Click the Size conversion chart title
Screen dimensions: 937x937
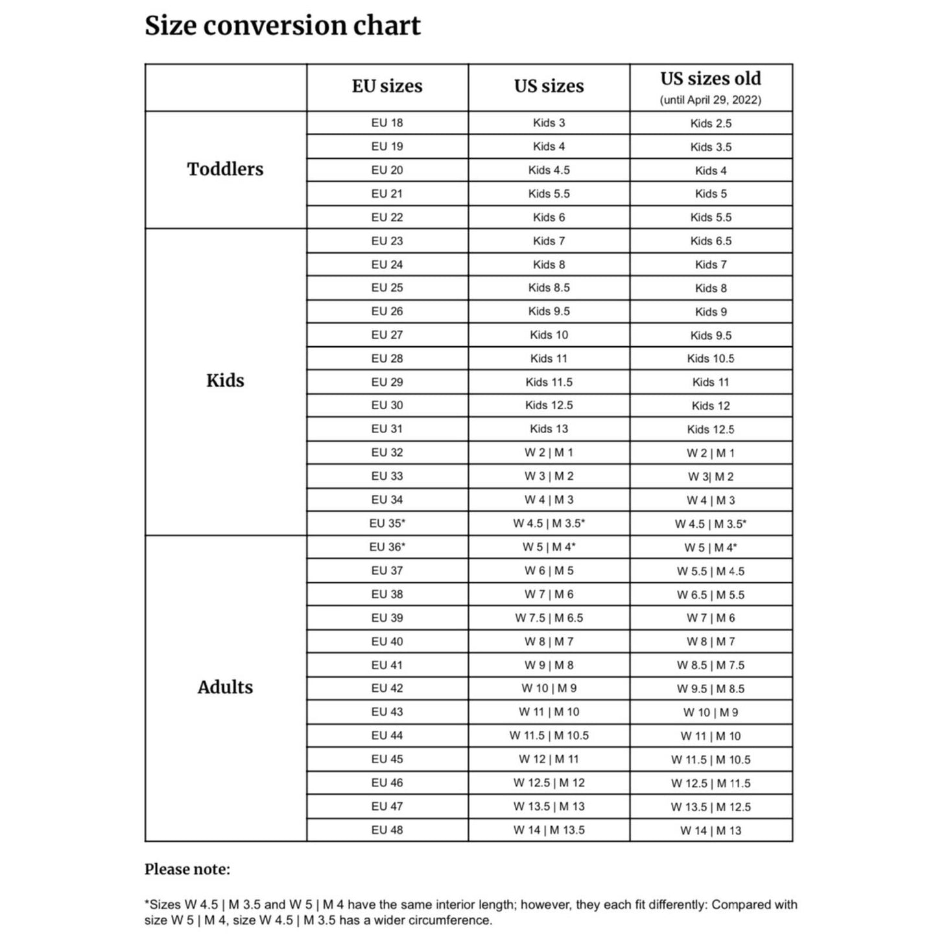click(282, 26)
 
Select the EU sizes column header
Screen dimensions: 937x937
click(387, 86)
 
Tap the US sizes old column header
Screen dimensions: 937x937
click(711, 79)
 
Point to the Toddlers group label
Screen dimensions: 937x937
click(225, 169)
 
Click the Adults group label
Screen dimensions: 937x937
click(225, 687)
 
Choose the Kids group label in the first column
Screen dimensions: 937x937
click(225, 381)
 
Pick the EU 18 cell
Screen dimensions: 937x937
click(387, 123)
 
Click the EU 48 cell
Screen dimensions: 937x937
click(387, 830)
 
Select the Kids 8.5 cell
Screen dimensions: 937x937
click(549, 288)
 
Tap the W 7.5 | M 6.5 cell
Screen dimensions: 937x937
click(549, 618)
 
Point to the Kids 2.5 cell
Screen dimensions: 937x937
click(711, 123)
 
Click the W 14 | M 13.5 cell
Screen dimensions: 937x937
click(549, 830)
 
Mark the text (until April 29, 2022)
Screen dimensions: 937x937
click(711, 100)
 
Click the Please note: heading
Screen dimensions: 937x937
click(187, 870)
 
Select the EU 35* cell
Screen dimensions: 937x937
click(387, 523)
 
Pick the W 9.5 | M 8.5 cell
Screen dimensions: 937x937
click(711, 689)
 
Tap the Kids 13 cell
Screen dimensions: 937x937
click(549, 429)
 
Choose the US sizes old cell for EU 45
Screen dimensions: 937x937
click(711, 759)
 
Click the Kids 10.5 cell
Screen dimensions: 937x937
click(711, 359)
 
